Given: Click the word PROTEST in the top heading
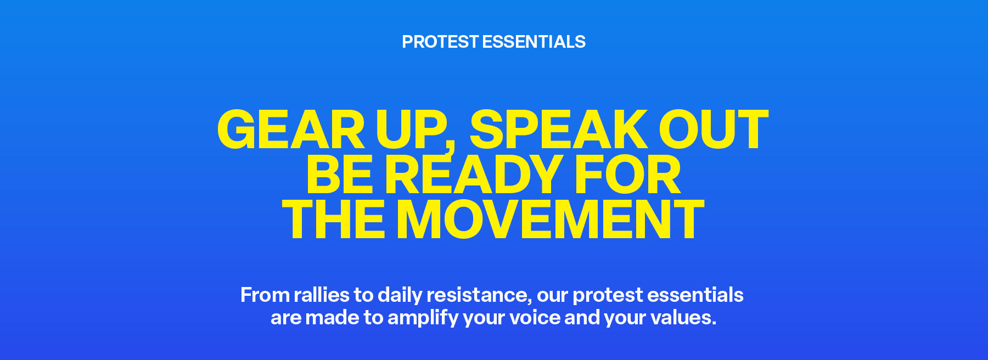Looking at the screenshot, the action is tap(440, 42).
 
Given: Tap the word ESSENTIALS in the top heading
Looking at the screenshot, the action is tap(534, 42).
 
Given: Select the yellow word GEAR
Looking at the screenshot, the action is tap(291, 130).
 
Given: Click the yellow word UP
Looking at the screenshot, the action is tap(411, 130).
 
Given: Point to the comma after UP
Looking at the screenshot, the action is tap(450, 148).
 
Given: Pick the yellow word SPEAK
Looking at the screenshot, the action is tap(559, 130).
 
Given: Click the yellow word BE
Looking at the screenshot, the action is tap(340, 175).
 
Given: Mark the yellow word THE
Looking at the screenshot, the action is tap(333, 220).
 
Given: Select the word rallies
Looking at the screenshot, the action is tap(322, 295).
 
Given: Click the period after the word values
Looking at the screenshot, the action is tap(714, 323).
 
